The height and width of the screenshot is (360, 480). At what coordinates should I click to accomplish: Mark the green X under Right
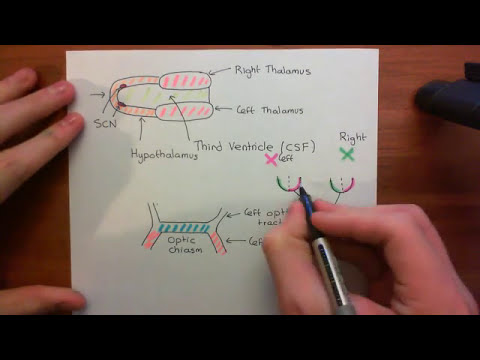click(347, 154)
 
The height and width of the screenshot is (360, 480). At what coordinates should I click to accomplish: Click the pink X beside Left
click(269, 158)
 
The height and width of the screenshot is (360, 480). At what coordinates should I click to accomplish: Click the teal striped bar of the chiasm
click(189, 228)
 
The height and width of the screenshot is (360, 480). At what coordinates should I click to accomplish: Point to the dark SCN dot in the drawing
click(120, 95)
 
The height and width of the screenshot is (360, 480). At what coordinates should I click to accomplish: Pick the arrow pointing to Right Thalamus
click(219, 73)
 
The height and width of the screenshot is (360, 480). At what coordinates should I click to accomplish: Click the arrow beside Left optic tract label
click(234, 213)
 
